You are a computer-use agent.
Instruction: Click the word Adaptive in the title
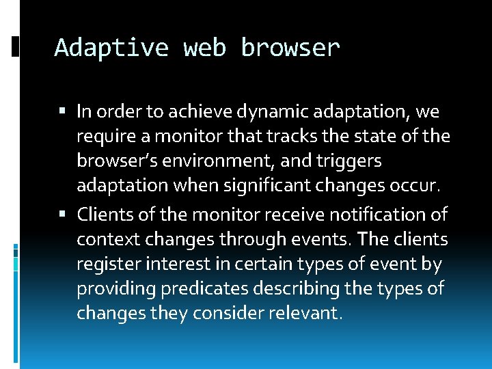tap(111, 48)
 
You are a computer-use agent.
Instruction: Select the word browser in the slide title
tap(290, 48)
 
